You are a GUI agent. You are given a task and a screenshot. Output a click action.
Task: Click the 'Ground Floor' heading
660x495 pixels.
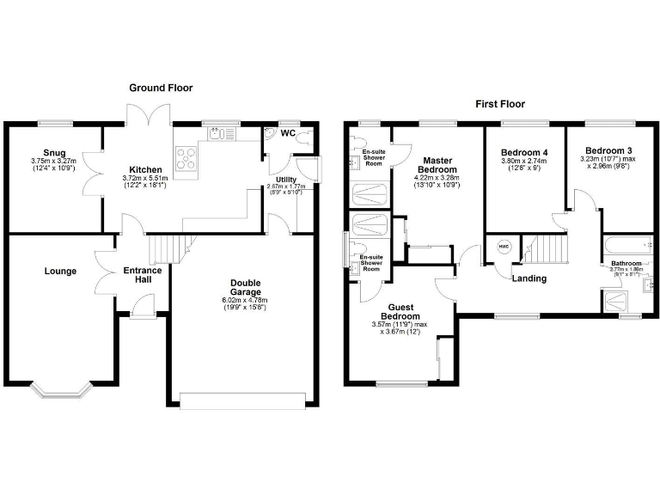pyautogui.click(x=161, y=88)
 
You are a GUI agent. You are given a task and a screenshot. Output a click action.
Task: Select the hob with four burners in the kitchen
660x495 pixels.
pyautogui.click(x=186, y=157)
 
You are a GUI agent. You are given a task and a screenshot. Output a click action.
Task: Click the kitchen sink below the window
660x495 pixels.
pyautogui.click(x=221, y=133)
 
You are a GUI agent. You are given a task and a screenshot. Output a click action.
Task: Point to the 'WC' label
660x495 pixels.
pyautogui.click(x=289, y=133)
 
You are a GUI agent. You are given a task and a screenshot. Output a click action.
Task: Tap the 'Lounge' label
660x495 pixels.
pyautogui.click(x=61, y=272)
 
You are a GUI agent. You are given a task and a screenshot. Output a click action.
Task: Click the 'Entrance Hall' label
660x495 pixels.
pyautogui.click(x=143, y=276)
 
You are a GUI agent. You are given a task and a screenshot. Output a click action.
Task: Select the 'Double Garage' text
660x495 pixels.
pyautogui.click(x=245, y=287)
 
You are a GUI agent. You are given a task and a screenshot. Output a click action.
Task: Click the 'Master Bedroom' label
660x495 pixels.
pyautogui.click(x=436, y=165)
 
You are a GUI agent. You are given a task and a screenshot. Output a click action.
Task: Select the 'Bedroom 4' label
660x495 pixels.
pyautogui.click(x=524, y=153)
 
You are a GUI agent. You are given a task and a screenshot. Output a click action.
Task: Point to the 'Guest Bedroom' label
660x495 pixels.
pyautogui.click(x=402, y=311)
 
